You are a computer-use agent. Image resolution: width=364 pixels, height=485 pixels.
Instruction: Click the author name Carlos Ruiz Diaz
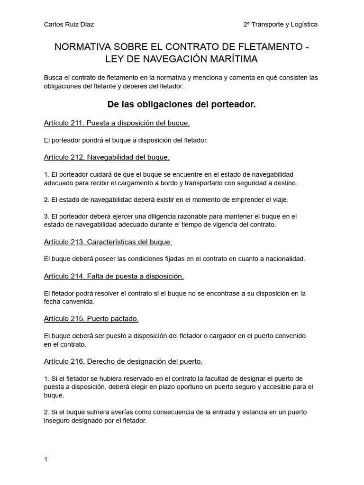(72, 24)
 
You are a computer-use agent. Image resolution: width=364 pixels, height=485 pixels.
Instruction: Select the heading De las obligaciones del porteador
(182, 104)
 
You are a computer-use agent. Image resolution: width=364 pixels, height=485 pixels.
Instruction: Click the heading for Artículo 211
(117, 123)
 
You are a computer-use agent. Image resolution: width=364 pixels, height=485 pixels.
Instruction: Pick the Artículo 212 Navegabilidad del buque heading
(107, 157)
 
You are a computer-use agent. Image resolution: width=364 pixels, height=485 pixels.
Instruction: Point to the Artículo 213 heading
(108, 242)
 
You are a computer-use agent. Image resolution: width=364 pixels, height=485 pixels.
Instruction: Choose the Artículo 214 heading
(114, 276)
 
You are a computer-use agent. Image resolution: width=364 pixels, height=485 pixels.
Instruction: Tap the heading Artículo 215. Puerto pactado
(91, 319)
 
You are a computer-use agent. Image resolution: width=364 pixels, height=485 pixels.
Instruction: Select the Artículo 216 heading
(123, 361)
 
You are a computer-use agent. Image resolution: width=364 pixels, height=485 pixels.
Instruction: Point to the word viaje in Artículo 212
(278, 199)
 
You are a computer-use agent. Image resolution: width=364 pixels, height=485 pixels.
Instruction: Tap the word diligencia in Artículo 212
(142, 216)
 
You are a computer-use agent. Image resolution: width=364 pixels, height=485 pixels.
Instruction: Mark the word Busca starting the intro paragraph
(53, 78)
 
